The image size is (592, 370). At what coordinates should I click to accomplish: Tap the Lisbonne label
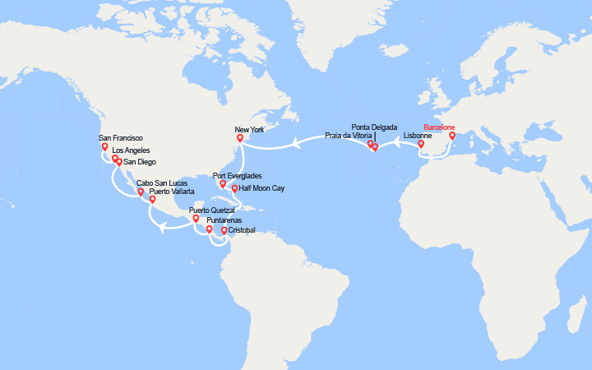(417, 135)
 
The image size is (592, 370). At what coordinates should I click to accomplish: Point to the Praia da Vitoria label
(350, 135)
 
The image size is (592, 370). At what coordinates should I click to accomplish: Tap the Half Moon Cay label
(261, 188)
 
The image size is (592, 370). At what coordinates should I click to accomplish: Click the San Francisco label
(121, 138)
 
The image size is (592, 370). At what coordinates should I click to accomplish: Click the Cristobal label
(243, 231)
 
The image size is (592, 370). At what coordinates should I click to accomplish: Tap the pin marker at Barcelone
(451, 136)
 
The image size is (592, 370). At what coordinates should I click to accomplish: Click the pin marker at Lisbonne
(421, 145)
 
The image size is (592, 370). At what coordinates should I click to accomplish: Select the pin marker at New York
(240, 139)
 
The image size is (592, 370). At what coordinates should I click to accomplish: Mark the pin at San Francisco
(104, 148)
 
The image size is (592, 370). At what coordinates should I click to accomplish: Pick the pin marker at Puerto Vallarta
(153, 199)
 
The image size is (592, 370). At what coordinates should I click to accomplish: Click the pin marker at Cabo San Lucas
(141, 192)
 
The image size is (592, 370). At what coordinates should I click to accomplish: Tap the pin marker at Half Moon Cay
(234, 189)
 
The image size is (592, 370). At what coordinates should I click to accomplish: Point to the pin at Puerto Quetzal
(196, 220)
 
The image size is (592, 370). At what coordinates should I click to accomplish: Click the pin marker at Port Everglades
(223, 184)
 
